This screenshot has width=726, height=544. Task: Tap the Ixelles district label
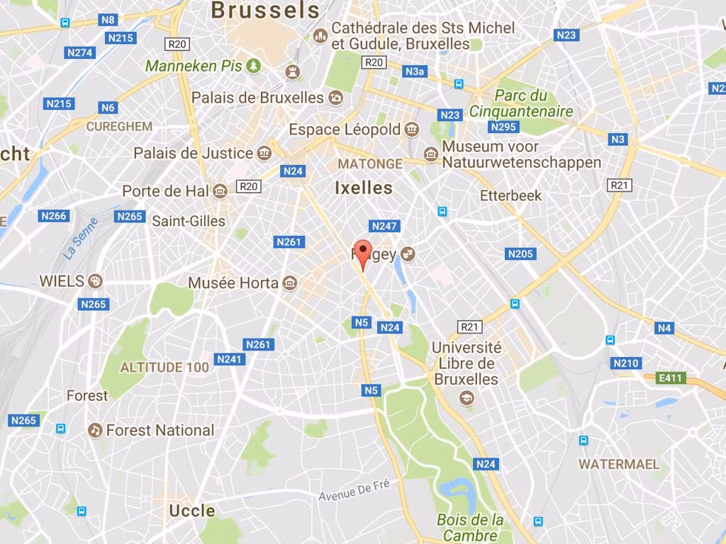point(363,188)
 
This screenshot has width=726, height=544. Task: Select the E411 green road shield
point(669,378)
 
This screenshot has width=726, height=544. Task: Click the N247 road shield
point(385,226)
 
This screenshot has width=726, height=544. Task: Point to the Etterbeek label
point(510,195)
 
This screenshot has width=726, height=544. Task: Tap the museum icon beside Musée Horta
point(289,283)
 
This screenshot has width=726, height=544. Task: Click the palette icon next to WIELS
point(95,281)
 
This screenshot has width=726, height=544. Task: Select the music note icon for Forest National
point(95,430)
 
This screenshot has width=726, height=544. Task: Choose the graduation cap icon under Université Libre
point(466,398)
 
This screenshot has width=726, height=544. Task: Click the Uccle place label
point(191,511)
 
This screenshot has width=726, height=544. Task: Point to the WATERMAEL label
point(619,465)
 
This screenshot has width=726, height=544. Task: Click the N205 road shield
point(521,254)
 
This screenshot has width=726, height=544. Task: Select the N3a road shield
point(415,72)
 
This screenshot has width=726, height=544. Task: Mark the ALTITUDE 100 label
point(164,367)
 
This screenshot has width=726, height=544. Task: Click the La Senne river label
point(80,242)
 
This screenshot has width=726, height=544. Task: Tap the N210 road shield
point(626,363)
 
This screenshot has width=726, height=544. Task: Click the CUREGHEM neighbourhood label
point(119,126)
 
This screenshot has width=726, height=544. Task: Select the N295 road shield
point(503,127)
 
